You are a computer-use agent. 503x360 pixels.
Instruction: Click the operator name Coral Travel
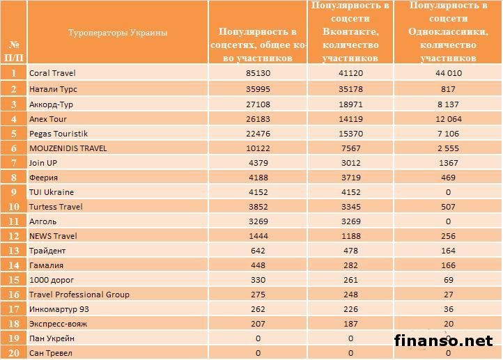coord(53,72)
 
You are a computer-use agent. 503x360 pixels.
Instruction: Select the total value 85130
coord(258,72)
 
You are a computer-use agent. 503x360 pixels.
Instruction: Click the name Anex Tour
coord(48,119)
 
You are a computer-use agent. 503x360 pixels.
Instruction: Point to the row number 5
coord(13,134)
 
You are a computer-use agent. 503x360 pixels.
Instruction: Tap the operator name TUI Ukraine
coord(52,192)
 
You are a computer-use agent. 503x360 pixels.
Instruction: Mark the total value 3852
coord(258,207)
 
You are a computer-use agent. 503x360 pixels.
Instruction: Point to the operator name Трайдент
coord(47,251)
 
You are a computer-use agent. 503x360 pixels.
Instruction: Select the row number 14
coord(13,265)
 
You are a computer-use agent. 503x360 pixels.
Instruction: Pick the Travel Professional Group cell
coord(79,295)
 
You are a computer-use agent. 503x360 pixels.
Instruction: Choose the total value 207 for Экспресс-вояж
coord(258,324)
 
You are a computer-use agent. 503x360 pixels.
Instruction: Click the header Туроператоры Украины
coord(118,32)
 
